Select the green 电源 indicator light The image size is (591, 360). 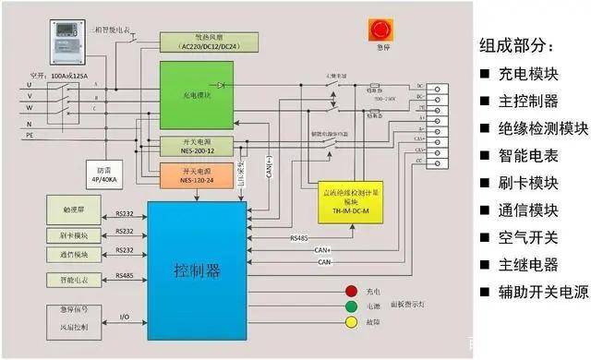click(x=351, y=306)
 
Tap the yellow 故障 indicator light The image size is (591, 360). click(x=351, y=323)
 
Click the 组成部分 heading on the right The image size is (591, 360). click(x=518, y=44)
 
